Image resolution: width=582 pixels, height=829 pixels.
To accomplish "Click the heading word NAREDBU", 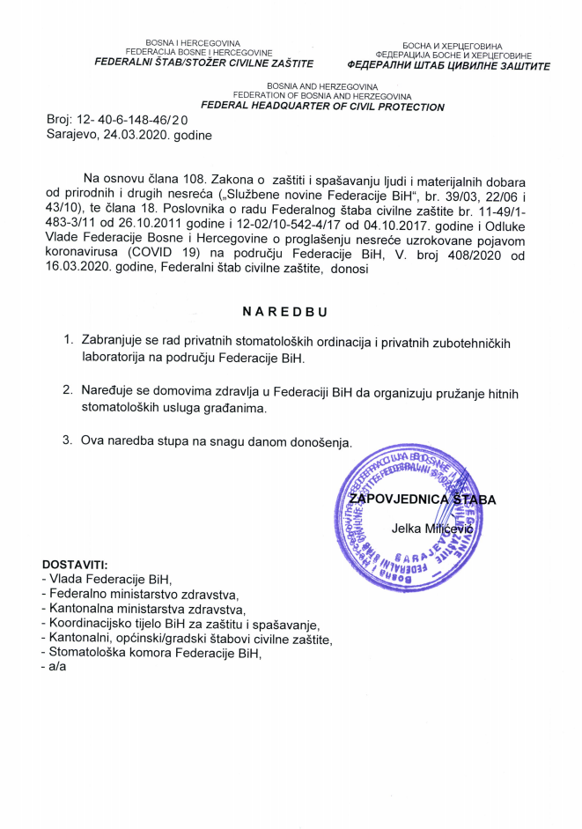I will tap(291, 313).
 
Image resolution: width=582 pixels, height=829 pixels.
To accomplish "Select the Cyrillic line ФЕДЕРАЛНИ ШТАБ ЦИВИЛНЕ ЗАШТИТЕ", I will tap(449, 65).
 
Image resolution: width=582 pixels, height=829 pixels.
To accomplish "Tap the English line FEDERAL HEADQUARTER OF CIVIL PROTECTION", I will tap(323, 107).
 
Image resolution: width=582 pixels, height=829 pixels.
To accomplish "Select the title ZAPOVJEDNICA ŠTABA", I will tap(422, 500).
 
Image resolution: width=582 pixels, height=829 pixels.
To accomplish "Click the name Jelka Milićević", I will tap(432, 529).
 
